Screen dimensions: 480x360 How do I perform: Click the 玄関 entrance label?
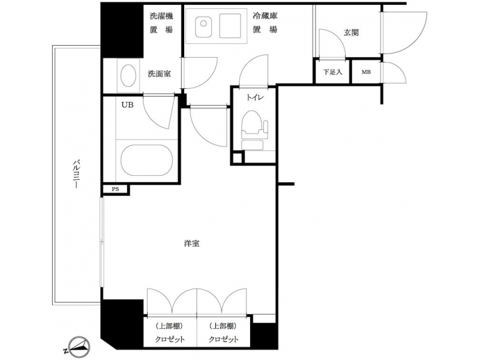click(351, 32)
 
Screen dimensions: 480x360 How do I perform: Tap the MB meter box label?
click(366, 72)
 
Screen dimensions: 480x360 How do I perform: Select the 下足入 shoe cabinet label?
click(332, 72)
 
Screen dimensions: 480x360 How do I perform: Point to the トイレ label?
click(255, 98)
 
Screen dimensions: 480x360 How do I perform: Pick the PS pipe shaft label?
click(115, 189)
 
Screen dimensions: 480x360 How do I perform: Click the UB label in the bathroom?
click(127, 105)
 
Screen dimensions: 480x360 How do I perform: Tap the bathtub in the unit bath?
click(146, 160)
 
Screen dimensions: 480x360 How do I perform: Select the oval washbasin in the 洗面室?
click(128, 76)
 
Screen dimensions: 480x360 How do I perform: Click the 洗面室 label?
click(159, 74)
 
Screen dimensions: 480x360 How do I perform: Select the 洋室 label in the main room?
click(192, 244)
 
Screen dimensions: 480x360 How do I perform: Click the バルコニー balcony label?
click(75, 173)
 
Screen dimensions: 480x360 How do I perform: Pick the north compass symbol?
click(79, 347)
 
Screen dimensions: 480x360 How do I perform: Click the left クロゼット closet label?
click(170, 339)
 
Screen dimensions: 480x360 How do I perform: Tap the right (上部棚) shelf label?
click(224, 326)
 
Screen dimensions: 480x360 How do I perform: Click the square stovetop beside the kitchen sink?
click(230, 26)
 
